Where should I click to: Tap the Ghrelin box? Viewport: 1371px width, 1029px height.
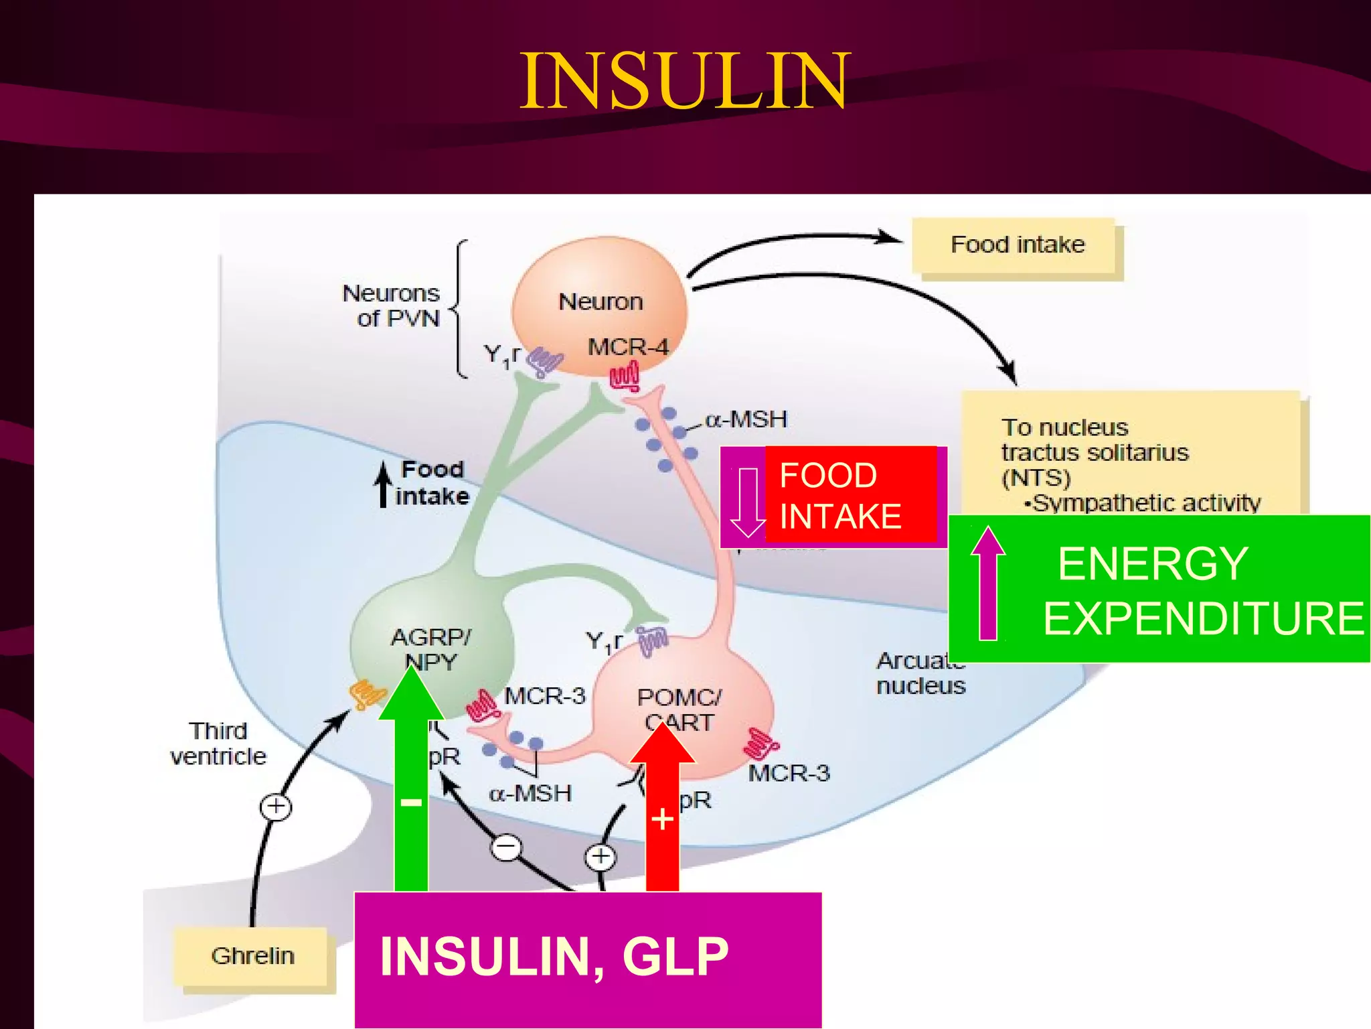[252, 956]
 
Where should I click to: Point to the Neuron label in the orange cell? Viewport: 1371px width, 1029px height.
[600, 302]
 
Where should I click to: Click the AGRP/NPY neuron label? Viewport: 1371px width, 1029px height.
[430, 648]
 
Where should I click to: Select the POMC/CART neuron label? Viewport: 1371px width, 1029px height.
[679, 709]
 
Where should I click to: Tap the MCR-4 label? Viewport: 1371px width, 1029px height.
[628, 347]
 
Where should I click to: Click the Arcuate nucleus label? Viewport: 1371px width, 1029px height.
[920, 673]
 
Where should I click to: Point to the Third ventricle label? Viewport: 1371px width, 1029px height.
[218, 743]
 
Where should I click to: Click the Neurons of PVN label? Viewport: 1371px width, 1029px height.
[392, 305]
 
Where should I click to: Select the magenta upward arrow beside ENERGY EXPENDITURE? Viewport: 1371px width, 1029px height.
[988, 583]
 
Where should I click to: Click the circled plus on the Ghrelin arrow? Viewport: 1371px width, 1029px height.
[276, 806]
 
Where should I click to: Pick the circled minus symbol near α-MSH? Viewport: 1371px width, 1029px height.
[507, 847]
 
